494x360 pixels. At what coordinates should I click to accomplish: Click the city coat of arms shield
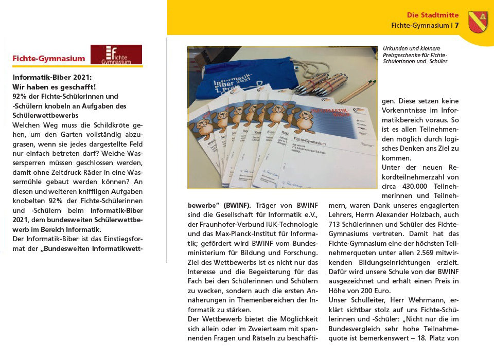pos(478,22)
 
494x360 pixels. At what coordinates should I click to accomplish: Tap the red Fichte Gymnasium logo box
pos(116,55)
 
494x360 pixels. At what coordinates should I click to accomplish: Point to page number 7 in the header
pos(456,25)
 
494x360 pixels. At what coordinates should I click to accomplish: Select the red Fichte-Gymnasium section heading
pos(49,59)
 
